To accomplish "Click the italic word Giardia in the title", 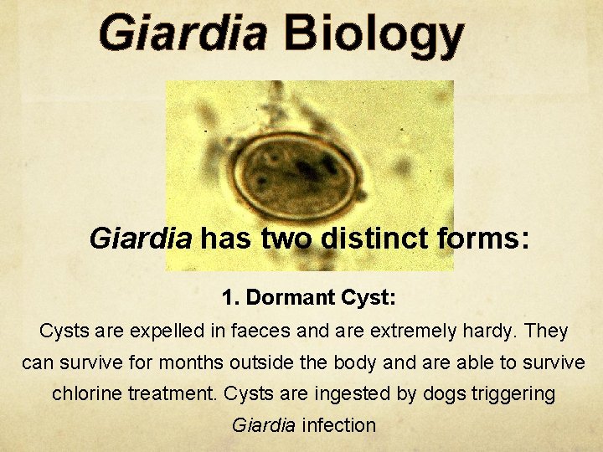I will tap(183, 35).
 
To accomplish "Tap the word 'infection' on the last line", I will tap(338, 424).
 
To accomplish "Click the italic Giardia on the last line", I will tap(263, 424).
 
